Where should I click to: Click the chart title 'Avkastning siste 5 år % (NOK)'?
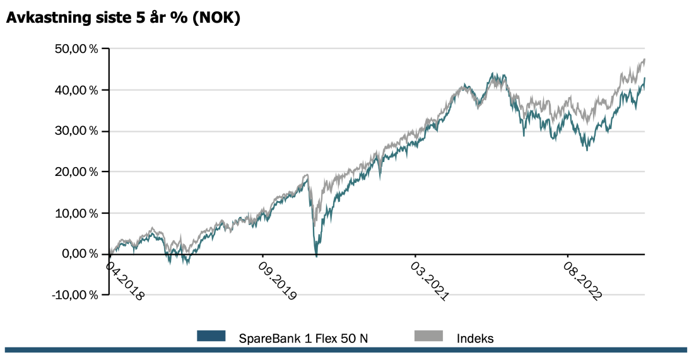click(x=123, y=19)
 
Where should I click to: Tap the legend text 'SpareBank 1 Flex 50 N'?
click(x=303, y=338)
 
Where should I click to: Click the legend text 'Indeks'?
click(x=475, y=338)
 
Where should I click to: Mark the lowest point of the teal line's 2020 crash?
click(x=316, y=255)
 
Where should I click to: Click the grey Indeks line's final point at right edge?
click(x=645, y=59)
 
